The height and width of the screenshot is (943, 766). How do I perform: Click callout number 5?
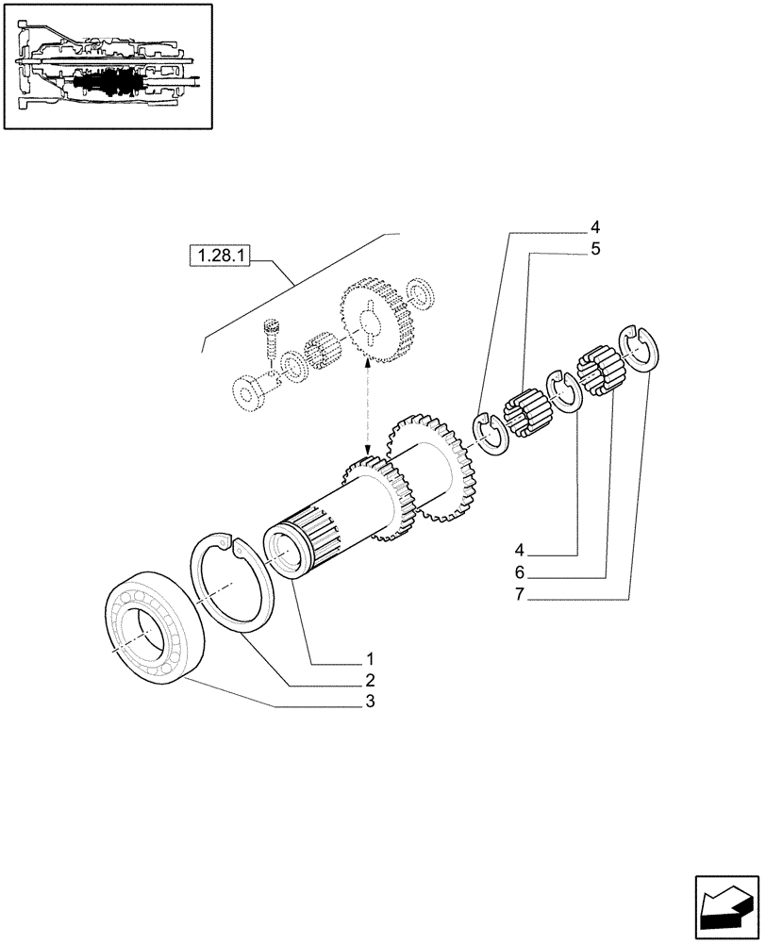(595, 249)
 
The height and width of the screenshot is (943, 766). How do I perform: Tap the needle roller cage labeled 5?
(525, 412)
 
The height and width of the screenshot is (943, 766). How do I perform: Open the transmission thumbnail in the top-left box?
(107, 67)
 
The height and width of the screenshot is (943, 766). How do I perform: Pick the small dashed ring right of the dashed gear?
(418, 292)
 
